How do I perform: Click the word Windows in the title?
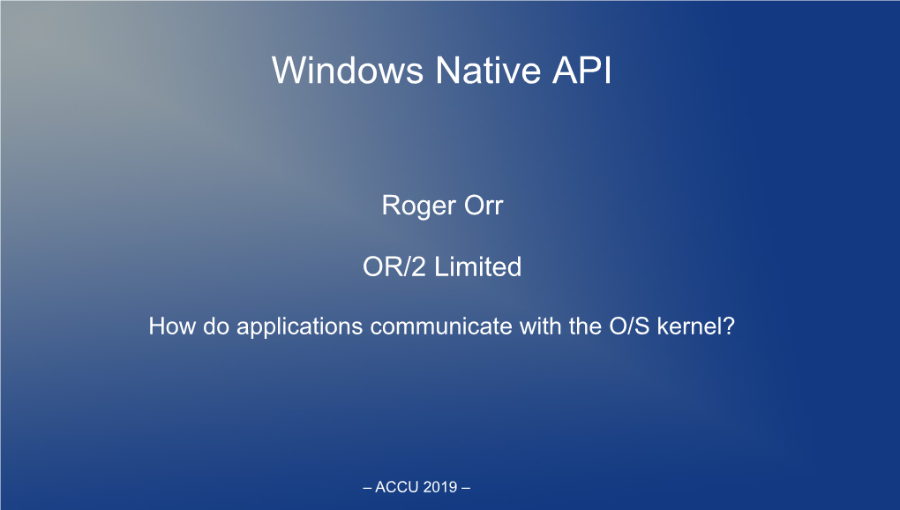(348, 70)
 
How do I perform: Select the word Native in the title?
(488, 70)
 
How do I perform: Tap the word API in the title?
(582, 70)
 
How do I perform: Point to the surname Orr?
(484, 206)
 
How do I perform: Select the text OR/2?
(394, 266)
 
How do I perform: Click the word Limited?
(477, 266)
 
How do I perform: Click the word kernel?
(690, 326)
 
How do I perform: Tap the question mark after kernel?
(729, 326)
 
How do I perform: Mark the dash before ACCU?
(367, 488)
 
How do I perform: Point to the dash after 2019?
(466, 488)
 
